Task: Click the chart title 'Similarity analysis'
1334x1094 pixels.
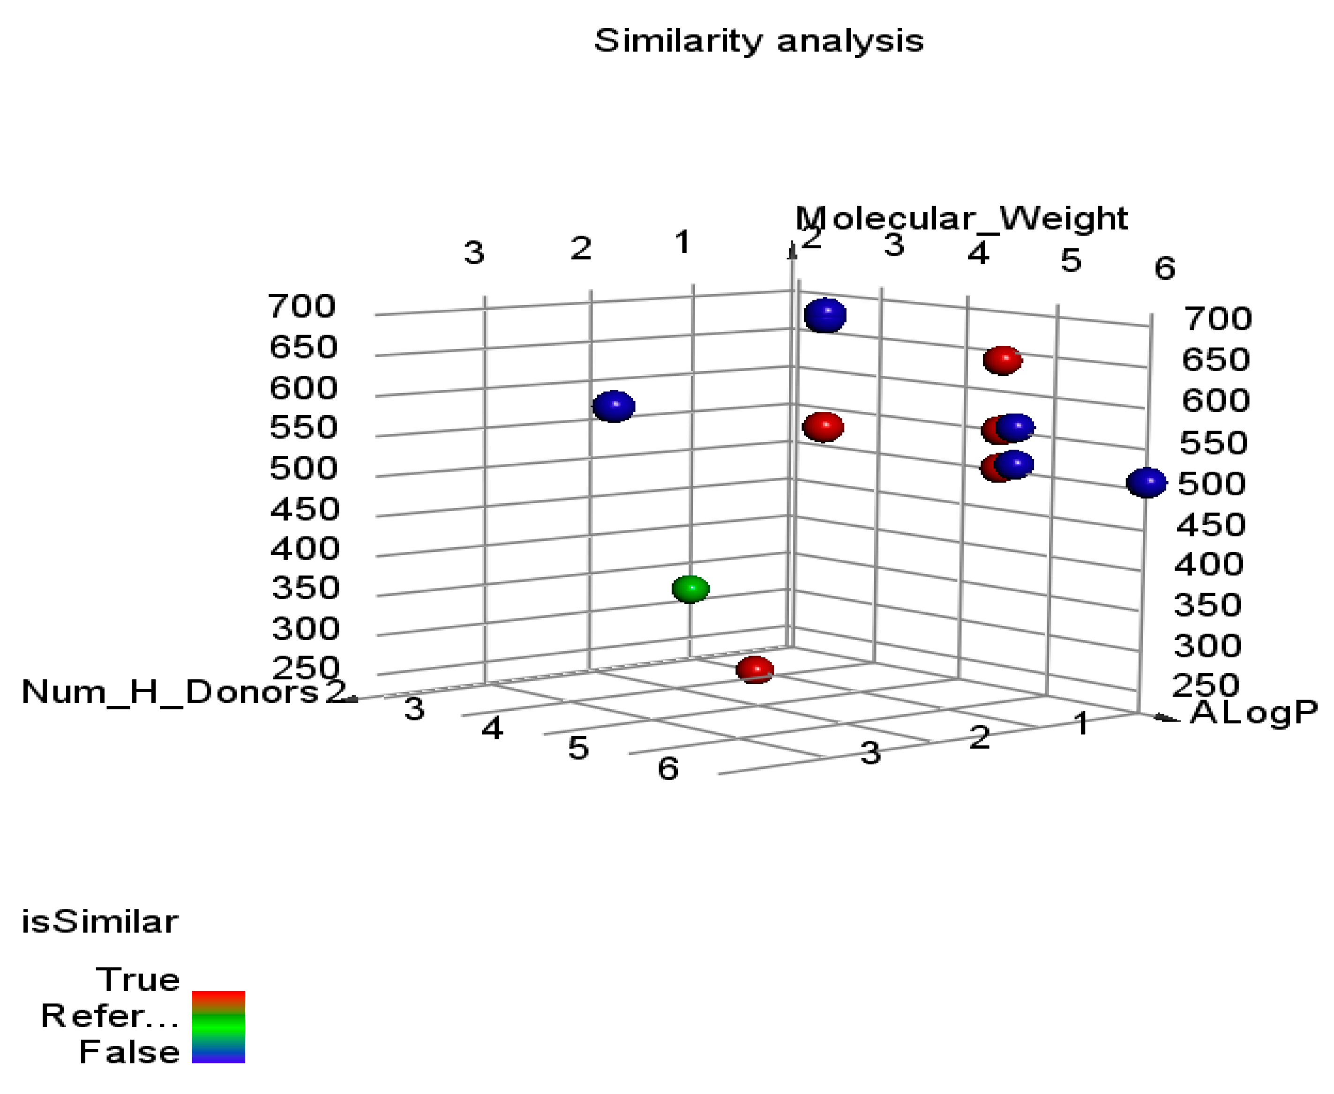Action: [x=758, y=41]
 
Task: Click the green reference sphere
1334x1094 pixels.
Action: [x=690, y=588]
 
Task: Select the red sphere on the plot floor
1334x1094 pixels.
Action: [x=755, y=669]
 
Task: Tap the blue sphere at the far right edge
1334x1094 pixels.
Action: [x=1146, y=483]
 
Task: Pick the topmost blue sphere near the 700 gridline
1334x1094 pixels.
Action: [x=824, y=315]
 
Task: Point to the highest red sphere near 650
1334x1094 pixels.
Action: [x=1003, y=360]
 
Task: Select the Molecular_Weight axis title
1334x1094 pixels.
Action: [x=961, y=219]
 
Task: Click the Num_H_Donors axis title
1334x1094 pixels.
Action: [x=170, y=692]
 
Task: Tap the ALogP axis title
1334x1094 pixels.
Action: [x=1253, y=713]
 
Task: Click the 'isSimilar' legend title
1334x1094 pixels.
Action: [x=100, y=922]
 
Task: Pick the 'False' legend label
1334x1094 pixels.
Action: [x=129, y=1052]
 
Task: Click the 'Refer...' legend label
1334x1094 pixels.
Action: [x=110, y=1016]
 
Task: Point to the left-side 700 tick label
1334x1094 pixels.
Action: [x=301, y=306]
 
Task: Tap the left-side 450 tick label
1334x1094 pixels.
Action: [x=305, y=508]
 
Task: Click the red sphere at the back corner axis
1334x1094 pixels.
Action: [x=823, y=427]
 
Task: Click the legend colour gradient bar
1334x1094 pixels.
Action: [x=218, y=1027]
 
